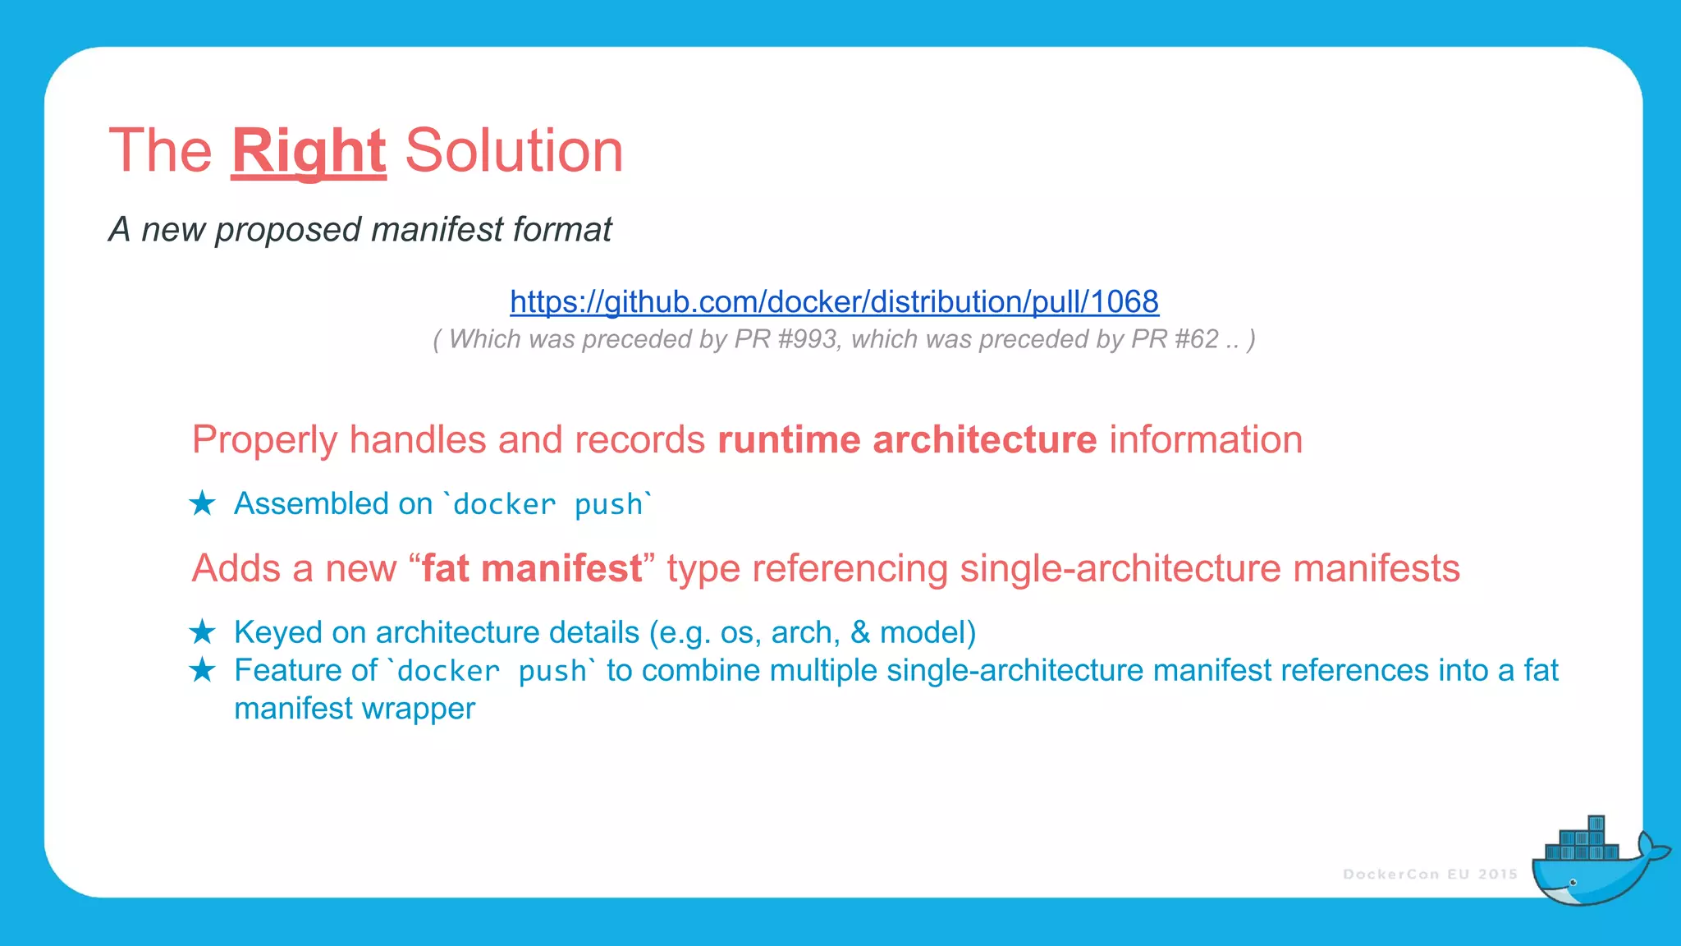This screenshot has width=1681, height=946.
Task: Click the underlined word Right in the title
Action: tap(309, 151)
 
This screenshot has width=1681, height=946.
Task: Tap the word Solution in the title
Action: tap(514, 151)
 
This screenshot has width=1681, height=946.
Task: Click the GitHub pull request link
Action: tap(834, 302)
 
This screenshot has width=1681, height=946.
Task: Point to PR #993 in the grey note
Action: tap(786, 339)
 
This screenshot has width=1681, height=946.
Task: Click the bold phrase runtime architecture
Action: tap(907, 440)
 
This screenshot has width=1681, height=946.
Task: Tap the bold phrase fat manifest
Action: tap(532, 568)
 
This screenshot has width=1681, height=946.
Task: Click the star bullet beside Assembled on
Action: tap(202, 503)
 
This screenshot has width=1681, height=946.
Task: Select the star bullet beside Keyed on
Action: tap(202, 632)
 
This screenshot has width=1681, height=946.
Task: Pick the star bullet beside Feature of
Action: tap(202, 670)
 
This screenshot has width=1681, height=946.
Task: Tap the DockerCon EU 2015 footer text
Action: tap(1430, 875)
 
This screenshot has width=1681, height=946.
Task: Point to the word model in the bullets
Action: tap(923, 632)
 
